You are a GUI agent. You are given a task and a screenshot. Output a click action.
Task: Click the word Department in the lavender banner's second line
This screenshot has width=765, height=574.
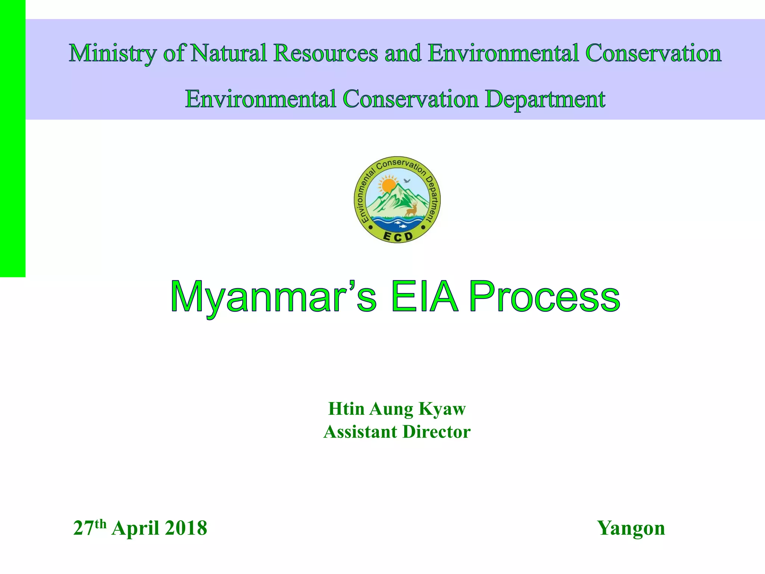(x=545, y=99)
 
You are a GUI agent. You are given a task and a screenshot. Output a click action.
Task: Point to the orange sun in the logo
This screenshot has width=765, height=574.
(x=388, y=185)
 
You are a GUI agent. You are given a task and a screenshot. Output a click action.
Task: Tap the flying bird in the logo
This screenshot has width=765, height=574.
(x=407, y=181)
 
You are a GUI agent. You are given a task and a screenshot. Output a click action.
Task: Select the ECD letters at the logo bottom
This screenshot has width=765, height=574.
(x=397, y=236)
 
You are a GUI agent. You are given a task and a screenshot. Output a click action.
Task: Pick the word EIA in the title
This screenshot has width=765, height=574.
(x=424, y=297)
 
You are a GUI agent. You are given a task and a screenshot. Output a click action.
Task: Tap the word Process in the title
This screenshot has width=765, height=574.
(x=544, y=297)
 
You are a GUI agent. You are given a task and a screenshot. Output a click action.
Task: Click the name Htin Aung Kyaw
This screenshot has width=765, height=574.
(x=397, y=409)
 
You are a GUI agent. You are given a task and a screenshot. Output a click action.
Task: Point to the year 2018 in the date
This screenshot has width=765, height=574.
(x=186, y=528)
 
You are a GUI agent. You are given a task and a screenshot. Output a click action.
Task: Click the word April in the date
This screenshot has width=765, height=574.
(x=136, y=528)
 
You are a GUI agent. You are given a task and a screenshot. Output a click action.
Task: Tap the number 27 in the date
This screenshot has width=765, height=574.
(x=83, y=528)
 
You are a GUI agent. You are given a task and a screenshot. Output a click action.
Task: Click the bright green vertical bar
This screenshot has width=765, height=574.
(x=12, y=138)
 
